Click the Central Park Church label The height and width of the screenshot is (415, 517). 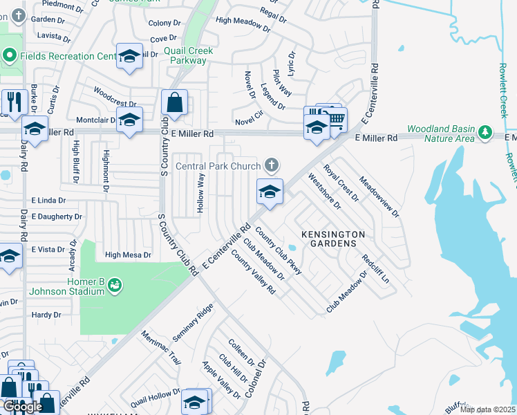click(218, 165)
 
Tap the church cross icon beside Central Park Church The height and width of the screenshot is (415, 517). click(272, 165)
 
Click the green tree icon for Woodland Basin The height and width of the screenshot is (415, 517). click(485, 131)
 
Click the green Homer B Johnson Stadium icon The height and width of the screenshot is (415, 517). click(115, 284)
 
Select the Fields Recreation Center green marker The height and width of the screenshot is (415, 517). click(10, 55)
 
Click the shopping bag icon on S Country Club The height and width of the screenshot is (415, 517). click(175, 103)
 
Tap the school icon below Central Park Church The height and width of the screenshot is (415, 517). click(270, 192)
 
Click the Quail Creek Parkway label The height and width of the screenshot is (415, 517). click(189, 55)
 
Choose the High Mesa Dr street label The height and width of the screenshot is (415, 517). click(128, 255)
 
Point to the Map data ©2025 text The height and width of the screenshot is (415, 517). click(487, 409)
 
